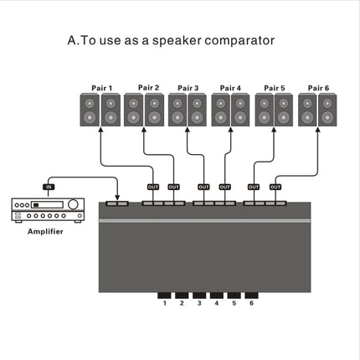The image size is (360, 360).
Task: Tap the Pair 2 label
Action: click(x=148, y=86)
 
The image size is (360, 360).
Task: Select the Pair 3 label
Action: click(x=188, y=86)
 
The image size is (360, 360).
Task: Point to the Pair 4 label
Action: click(x=230, y=86)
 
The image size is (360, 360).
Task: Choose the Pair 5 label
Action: click(x=275, y=86)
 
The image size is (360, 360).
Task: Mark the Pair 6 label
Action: click(x=318, y=86)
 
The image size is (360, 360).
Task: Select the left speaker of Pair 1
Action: click(x=90, y=111)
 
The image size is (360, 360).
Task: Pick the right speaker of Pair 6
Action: click(x=328, y=111)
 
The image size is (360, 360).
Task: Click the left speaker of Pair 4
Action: click(x=220, y=111)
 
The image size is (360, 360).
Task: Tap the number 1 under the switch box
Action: click(x=165, y=303)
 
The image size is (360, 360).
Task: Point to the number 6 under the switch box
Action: click(x=249, y=303)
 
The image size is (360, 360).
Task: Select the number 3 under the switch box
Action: click(x=198, y=303)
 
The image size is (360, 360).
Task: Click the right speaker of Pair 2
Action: click(x=154, y=111)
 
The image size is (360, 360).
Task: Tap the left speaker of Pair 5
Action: click(x=265, y=111)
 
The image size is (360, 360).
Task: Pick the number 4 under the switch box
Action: click(x=215, y=303)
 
